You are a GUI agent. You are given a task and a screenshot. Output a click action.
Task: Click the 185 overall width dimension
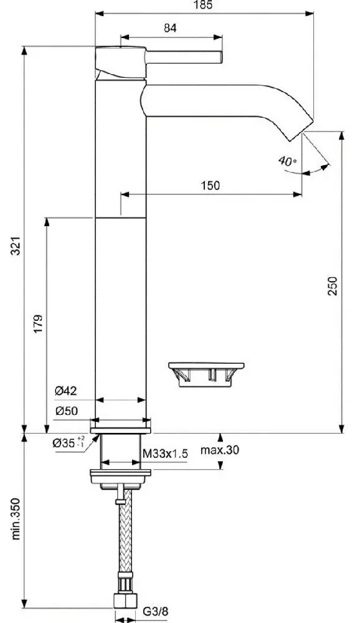click(x=204, y=5)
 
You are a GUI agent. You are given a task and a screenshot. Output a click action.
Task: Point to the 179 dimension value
click(x=38, y=324)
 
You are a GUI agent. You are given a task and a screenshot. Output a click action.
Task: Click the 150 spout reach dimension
click(x=210, y=186)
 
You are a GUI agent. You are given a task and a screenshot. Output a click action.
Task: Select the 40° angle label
click(x=287, y=161)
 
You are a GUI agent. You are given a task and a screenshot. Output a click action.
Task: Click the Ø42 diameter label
click(x=66, y=391)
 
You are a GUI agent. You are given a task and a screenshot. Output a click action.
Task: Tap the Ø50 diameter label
click(x=66, y=411)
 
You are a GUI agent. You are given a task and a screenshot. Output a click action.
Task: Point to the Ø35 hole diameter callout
click(x=69, y=442)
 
